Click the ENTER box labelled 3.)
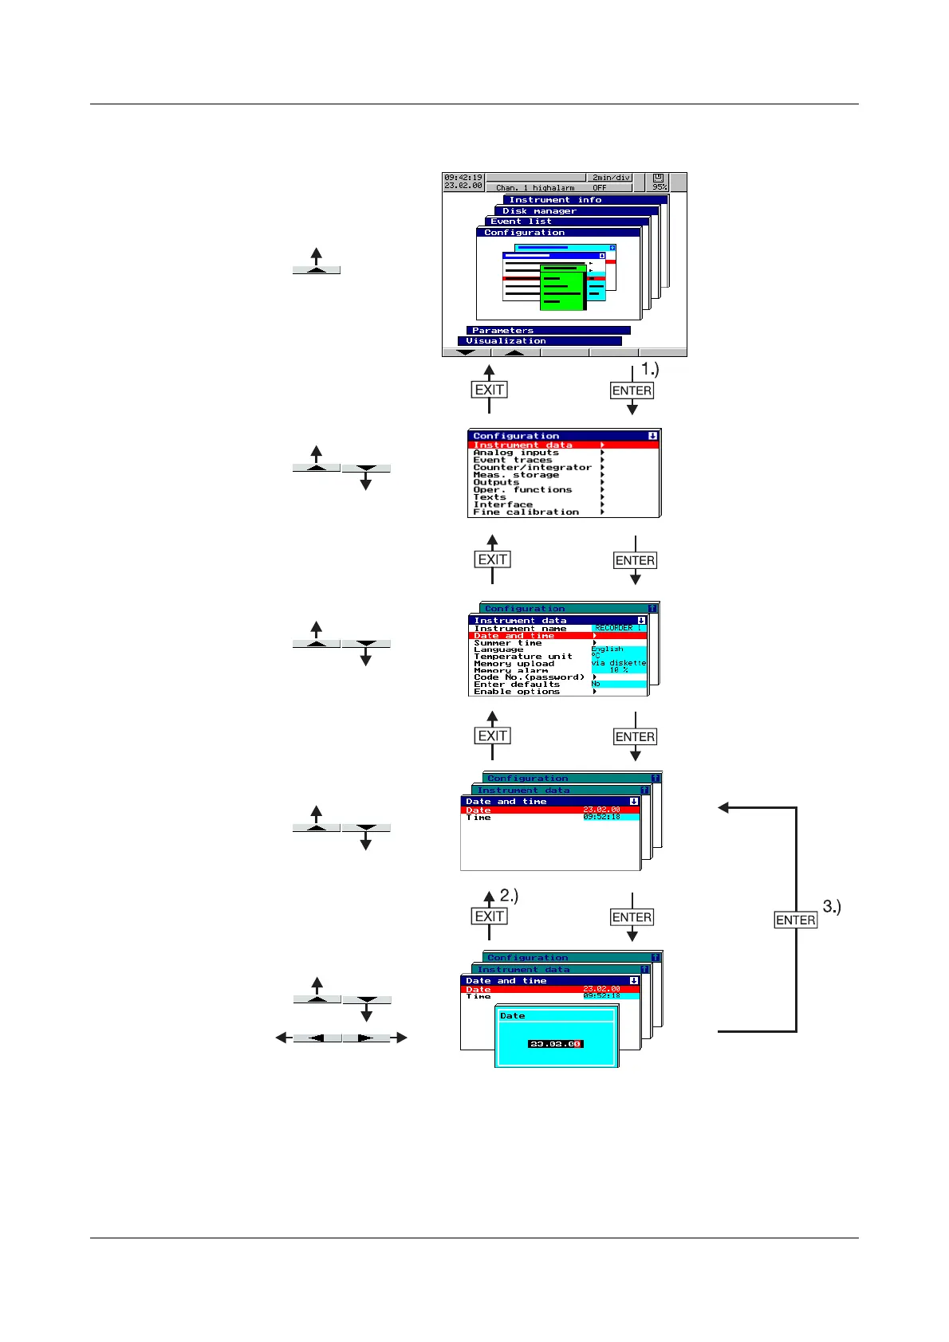coord(795,920)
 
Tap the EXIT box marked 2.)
coord(489,916)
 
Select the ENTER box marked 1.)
coord(632,390)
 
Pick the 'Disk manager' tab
coord(539,211)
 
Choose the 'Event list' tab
coord(521,222)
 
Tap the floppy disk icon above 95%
coord(659,179)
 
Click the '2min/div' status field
coord(611,178)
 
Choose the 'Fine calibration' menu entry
coord(526,512)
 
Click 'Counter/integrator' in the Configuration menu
coord(532,467)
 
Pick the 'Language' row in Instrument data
coord(498,649)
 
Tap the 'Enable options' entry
coord(517,692)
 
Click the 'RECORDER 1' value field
coord(617,628)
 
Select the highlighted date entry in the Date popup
coord(555,1044)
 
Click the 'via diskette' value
coord(618,663)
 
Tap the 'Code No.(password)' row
coord(529,677)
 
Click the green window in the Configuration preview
coord(563,287)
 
